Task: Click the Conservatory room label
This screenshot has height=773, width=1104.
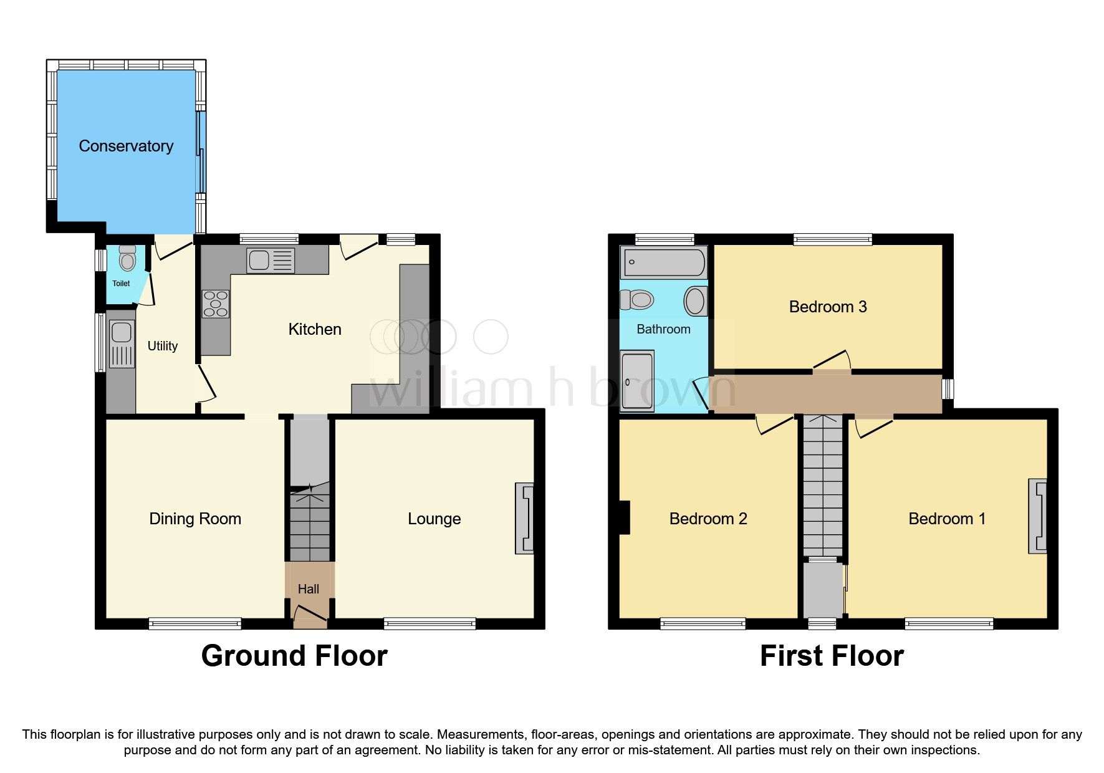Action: coord(126,146)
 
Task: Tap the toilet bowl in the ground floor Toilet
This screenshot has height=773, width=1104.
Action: coord(127,260)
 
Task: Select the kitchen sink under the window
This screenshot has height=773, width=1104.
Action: coord(271,260)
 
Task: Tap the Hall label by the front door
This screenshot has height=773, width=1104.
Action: coord(309,589)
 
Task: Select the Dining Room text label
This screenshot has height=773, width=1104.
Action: coord(194,519)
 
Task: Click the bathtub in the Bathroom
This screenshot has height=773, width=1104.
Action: coord(664,262)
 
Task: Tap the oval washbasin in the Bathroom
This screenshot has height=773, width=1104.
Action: coord(695,301)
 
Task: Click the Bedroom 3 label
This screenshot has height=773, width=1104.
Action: coord(827,307)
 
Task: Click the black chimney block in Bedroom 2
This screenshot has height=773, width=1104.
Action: coord(625,517)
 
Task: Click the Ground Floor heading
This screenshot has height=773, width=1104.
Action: coord(294,656)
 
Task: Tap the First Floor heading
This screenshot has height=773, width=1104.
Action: coord(832,656)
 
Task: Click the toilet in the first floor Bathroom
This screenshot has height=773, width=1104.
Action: coord(637,300)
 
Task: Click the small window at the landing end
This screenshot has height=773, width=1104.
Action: coord(948,390)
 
